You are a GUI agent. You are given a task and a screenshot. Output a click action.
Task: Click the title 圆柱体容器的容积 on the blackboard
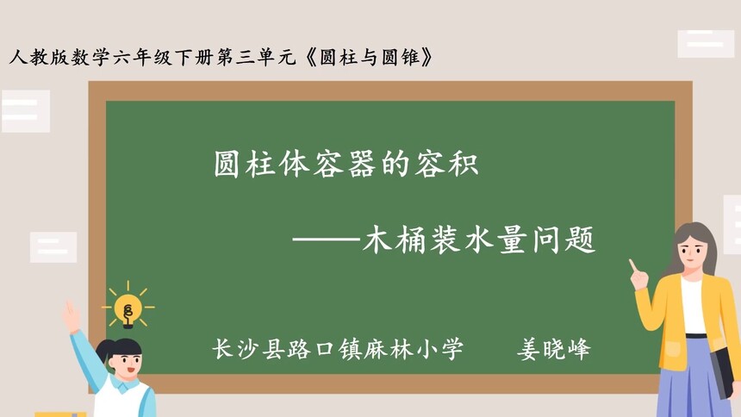tap(346, 163)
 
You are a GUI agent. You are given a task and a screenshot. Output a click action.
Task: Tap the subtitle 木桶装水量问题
tap(479, 240)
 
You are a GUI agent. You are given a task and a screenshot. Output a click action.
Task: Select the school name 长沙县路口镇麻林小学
tap(338, 349)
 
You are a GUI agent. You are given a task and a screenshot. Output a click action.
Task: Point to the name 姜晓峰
tap(553, 349)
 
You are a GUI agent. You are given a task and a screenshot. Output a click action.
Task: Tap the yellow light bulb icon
tap(128, 307)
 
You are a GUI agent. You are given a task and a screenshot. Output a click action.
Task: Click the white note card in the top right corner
tap(705, 43)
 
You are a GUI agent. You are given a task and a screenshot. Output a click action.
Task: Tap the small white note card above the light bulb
tap(53, 246)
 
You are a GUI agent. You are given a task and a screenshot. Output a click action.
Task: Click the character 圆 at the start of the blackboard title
tap(227, 163)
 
